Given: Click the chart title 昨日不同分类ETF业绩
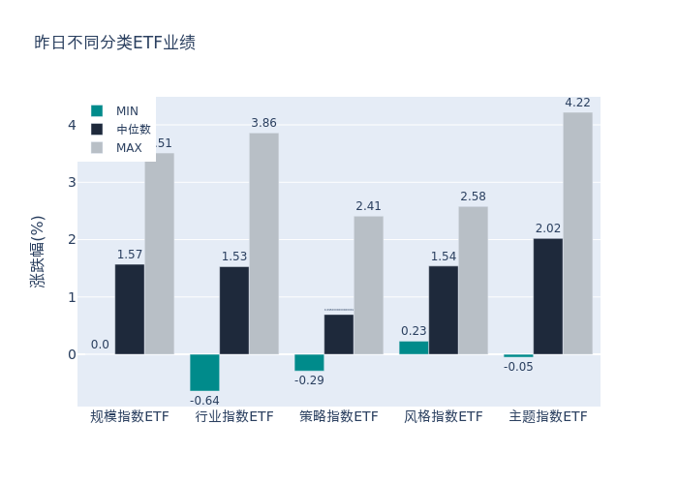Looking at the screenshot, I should [x=114, y=43].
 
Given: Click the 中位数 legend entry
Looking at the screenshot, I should [x=133, y=129].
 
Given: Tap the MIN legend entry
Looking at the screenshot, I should [x=127, y=110].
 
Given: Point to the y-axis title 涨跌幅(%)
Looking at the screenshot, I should [x=38, y=252].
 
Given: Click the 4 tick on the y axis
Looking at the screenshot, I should [x=72, y=125].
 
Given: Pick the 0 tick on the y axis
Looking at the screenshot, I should [x=72, y=354].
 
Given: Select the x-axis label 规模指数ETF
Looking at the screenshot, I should [x=130, y=416].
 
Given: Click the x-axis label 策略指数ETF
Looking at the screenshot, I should [x=339, y=416].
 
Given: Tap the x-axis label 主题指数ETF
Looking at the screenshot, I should [x=548, y=416].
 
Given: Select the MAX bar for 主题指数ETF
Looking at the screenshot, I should [x=577, y=233].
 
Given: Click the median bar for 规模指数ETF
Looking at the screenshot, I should [x=130, y=310].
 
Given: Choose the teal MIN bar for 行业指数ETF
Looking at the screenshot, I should [x=204, y=373].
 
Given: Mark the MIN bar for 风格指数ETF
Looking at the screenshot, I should [x=414, y=348].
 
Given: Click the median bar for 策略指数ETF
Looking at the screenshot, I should [x=339, y=334].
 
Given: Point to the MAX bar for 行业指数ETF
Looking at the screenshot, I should [x=263, y=244].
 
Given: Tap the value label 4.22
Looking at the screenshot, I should [x=577, y=103].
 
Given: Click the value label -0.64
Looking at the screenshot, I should [x=204, y=400].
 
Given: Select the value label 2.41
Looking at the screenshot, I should [x=368, y=206].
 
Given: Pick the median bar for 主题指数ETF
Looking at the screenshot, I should [x=548, y=296].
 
